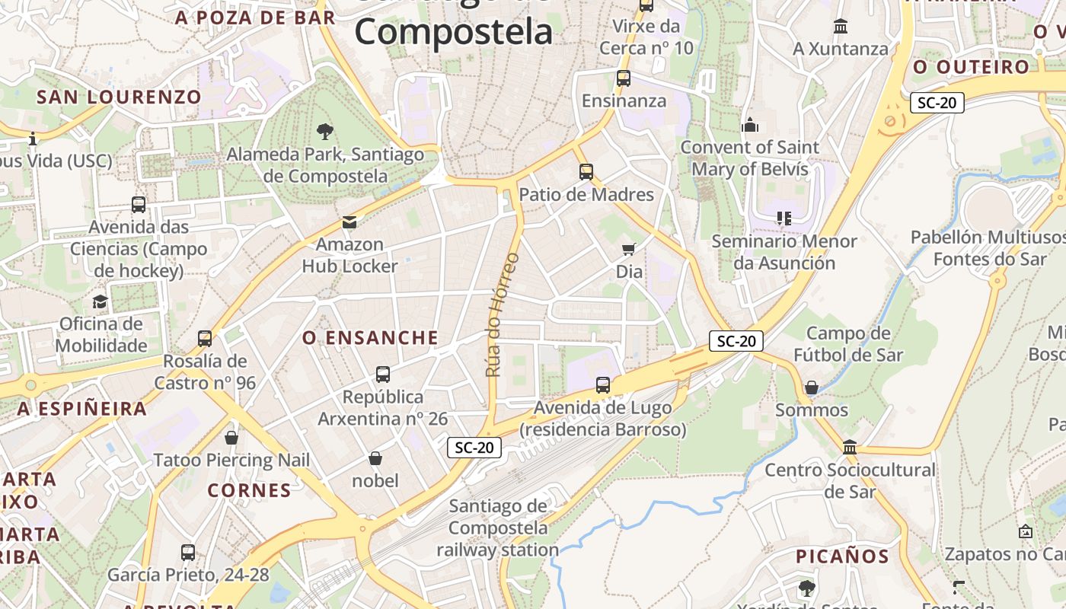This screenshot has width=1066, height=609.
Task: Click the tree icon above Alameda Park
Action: pyautogui.click(x=325, y=131)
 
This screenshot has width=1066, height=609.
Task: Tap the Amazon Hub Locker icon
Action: pyautogui.click(x=349, y=222)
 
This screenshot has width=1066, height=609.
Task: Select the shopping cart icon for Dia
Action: pyautogui.click(x=629, y=249)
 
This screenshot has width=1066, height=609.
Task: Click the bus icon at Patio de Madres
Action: pyautogui.click(x=586, y=172)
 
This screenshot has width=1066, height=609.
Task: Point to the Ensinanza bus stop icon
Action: pyautogui.click(x=624, y=78)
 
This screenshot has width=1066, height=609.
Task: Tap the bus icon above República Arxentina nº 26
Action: pyautogui.click(x=383, y=375)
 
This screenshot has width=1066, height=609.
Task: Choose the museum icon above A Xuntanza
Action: pyautogui.click(x=841, y=27)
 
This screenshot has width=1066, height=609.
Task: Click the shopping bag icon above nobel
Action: pyautogui.click(x=375, y=458)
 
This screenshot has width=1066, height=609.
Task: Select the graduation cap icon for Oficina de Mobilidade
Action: pyautogui.click(x=100, y=302)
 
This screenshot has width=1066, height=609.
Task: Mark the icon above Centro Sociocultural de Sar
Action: pyautogui.click(x=850, y=448)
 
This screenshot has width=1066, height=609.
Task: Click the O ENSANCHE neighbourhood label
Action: pyautogui.click(x=371, y=338)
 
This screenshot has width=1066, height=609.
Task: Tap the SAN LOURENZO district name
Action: pyautogui.click(x=119, y=97)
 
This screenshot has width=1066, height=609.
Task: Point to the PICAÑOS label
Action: pyautogui.click(x=842, y=556)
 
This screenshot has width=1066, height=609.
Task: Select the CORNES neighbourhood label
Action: pyautogui.click(x=249, y=490)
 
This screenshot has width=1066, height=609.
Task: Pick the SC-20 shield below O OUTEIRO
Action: pyautogui.click(x=937, y=103)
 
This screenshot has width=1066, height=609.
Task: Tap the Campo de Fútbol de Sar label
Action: pyautogui.click(x=848, y=344)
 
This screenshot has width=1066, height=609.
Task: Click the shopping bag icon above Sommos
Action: pyautogui.click(x=812, y=388)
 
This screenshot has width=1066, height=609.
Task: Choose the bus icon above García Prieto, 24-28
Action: pyautogui.click(x=188, y=553)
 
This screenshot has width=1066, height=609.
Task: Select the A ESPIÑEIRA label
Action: pyautogui.click(x=82, y=409)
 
